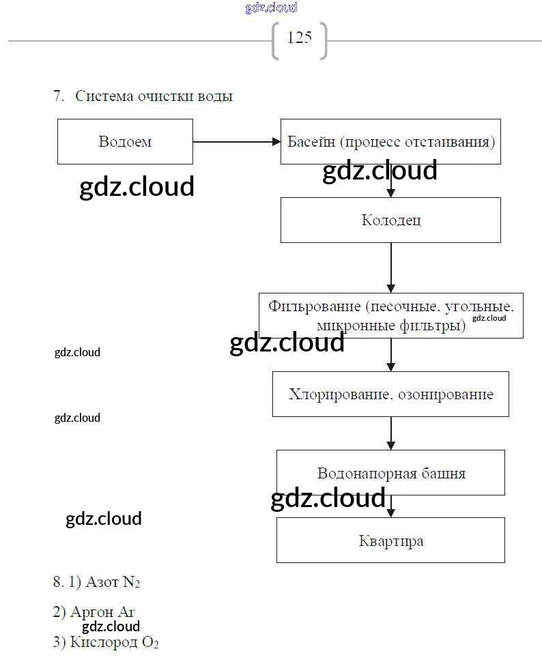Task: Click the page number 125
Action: click(299, 38)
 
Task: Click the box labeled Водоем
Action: click(125, 142)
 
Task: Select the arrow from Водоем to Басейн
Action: click(236, 142)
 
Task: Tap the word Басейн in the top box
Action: click(311, 142)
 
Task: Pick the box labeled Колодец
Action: click(390, 220)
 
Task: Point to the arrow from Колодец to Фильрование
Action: click(391, 267)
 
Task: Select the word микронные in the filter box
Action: click(353, 325)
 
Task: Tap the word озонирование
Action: click(446, 394)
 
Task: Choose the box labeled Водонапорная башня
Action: click(390, 472)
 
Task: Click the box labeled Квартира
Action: click(390, 541)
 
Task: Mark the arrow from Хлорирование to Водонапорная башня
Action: click(391, 433)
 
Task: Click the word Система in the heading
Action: click(103, 96)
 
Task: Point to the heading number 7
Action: click(57, 96)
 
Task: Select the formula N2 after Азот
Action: click(131, 582)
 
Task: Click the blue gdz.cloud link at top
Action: click(271, 8)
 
